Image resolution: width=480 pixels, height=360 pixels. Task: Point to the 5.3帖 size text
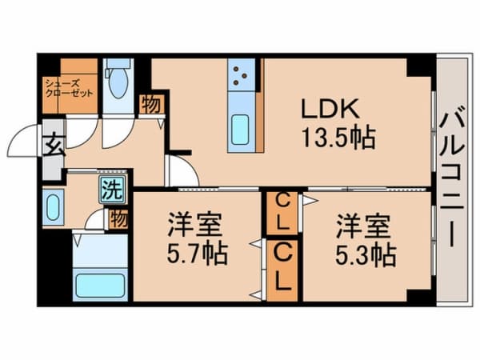coord(363,254)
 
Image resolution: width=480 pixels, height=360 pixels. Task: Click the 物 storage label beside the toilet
coord(150,105)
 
